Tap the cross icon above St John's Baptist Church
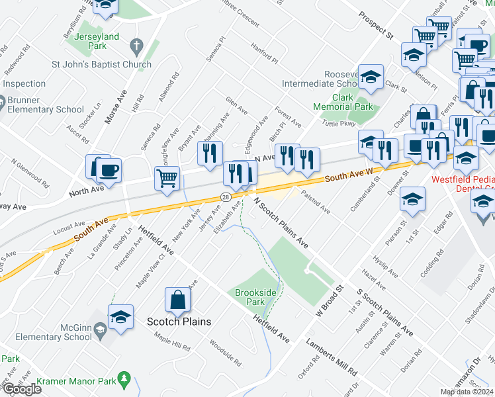[x=136, y=46]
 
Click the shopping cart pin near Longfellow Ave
[x=167, y=178]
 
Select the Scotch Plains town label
[x=179, y=322]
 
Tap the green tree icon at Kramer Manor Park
[x=123, y=378]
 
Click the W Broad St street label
[x=331, y=300]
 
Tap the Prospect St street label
[x=376, y=24]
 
